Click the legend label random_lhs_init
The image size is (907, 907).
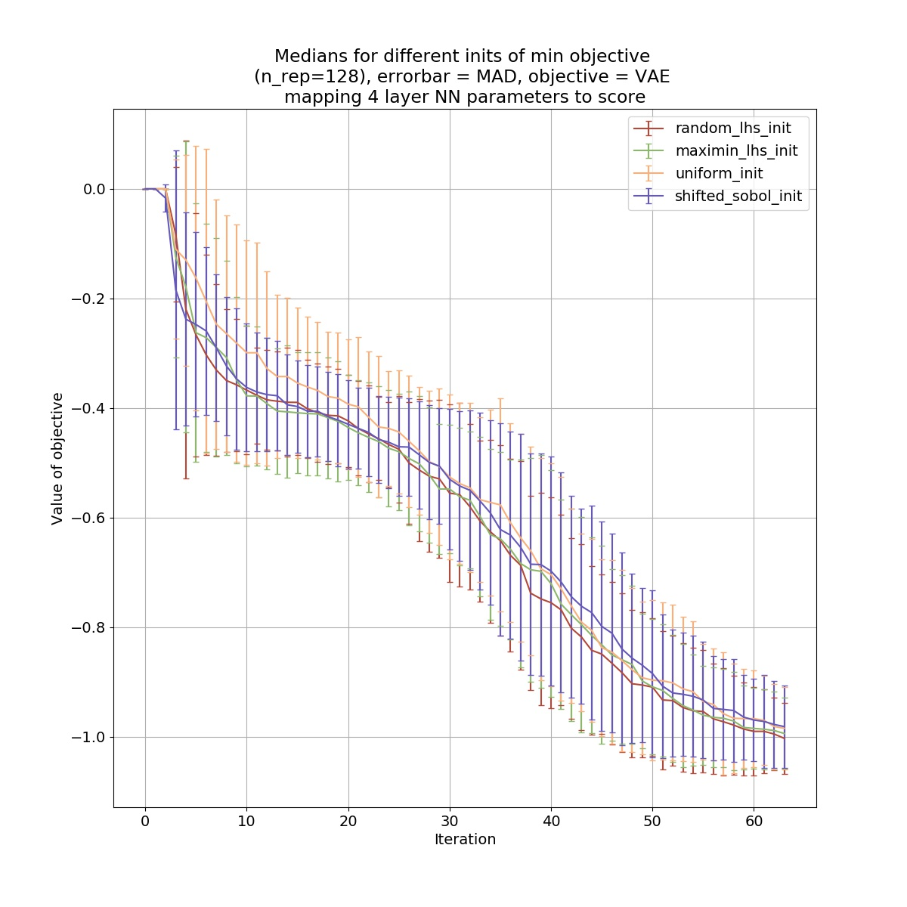click(x=733, y=128)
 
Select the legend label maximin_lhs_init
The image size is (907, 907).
click(x=736, y=150)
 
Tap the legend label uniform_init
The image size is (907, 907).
click(x=719, y=174)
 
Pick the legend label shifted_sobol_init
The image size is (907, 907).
click(x=738, y=197)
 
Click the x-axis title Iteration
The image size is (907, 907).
click(x=465, y=840)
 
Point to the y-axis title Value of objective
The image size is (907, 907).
click(x=57, y=459)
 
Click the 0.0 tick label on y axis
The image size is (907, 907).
click(x=94, y=189)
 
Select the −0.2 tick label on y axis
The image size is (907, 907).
click(x=89, y=299)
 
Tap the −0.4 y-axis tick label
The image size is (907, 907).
click(x=89, y=408)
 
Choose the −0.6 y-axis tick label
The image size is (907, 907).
click(x=89, y=518)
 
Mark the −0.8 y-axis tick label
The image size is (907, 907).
click(x=89, y=627)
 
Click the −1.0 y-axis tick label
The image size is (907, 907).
click(x=89, y=737)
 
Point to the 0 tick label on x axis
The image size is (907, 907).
click(x=145, y=821)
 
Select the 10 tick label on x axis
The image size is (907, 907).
click(x=246, y=821)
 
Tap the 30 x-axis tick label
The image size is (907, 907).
click(x=450, y=821)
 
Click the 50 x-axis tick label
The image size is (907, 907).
click(x=652, y=821)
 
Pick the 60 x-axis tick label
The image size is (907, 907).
click(x=754, y=821)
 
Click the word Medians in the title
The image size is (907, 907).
click(x=307, y=56)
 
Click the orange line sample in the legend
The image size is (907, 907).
click(x=649, y=174)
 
